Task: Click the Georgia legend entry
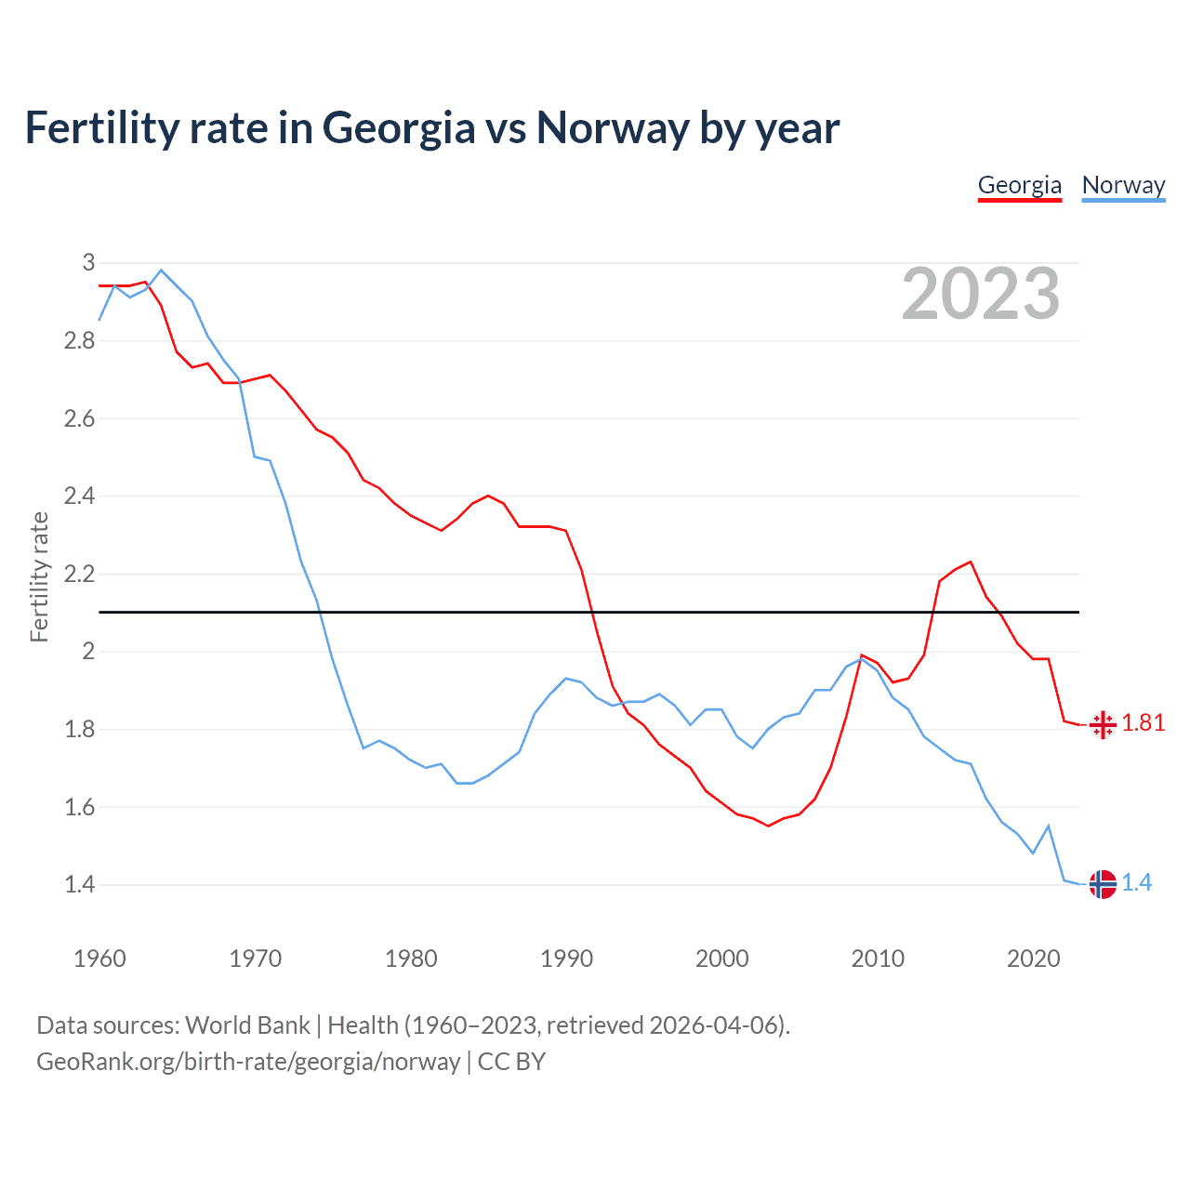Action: pyautogui.click(x=1019, y=185)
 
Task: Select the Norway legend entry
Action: pyautogui.click(x=1123, y=185)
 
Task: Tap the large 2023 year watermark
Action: pyautogui.click(x=981, y=294)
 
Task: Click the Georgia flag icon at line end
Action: pyautogui.click(x=1103, y=725)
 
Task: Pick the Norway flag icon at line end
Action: pyautogui.click(x=1103, y=884)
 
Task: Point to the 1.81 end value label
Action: pyautogui.click(x=1143, y=723)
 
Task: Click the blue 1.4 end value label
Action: pyautogui.click(x=1136, y=883)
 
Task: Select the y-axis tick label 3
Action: pyautogui.click(x=89, y=263)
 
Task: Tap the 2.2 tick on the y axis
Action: pyautogui.click(x=80, y=574)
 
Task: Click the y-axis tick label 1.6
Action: pyautogui.click(x=80, y=807)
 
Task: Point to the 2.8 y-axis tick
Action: pyautogui.click(x=80, y=341)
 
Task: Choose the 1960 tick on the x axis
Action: pyautogui.click(x=99, y=959)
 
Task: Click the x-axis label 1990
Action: pyautogui.click(x=566, y=959)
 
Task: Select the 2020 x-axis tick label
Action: pyautogui.click(x=1033, y=959)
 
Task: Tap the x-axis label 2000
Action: pyautogui.click(x=721, y=959)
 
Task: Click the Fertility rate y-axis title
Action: pyautogui.click(x=39, y=576)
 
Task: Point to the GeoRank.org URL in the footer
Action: pyautogui.click(x=248, y=1062)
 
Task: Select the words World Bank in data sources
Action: pyautogui.click(x=247, y=1025)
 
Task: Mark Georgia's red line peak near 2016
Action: pyautogui.click(x=971, y=562)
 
